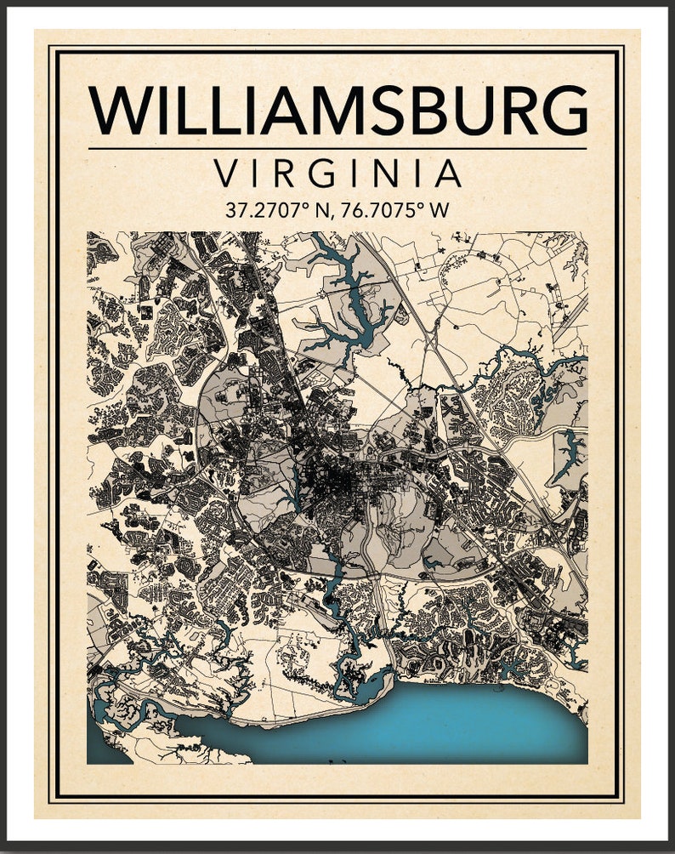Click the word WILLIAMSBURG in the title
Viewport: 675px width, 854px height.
coord(337,109)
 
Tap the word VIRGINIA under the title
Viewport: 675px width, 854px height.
coord(337,174)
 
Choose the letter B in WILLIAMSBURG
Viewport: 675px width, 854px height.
coord(417,109)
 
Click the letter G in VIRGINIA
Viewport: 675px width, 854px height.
coord(320,174)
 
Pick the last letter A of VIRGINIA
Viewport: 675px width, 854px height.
coord(447,174)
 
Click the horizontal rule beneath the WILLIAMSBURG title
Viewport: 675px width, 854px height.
coord(337,149)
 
